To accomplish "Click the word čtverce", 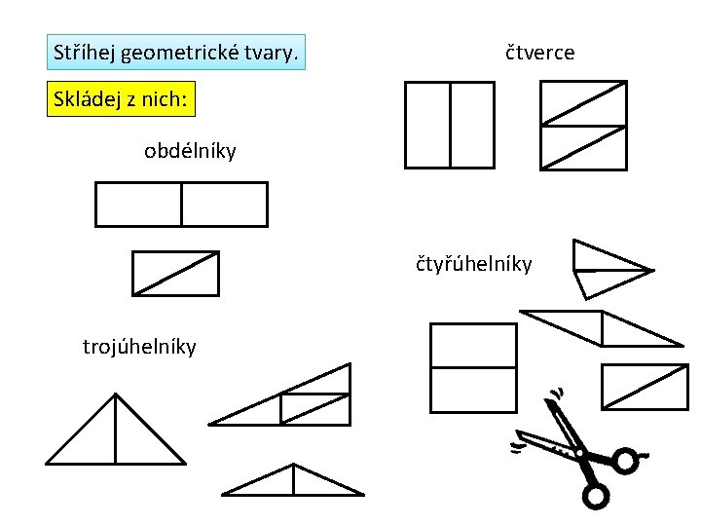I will click(x=539, y=53).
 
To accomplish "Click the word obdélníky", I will click(x=190, y=151).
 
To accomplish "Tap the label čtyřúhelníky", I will click(x=474, y=263).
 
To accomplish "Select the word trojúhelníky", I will click(x=139, y=346).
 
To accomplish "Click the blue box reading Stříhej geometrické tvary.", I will click(x=176, y=52).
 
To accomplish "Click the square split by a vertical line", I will click(x=450, y=125).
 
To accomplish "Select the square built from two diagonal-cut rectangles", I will click(x=583, y=125).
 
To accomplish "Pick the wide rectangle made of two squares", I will click(x=181, y=205).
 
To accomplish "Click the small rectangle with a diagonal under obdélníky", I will click(x=175, y=273).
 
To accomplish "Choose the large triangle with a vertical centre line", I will click(x=116, y=433).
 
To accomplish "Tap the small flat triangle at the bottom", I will click(x=292, y=481).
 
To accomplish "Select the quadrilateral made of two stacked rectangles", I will click(x=473, y=367).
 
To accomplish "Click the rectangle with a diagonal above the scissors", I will click(x=645, y=386).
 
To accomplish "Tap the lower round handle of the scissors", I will click(x=595, y=497).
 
